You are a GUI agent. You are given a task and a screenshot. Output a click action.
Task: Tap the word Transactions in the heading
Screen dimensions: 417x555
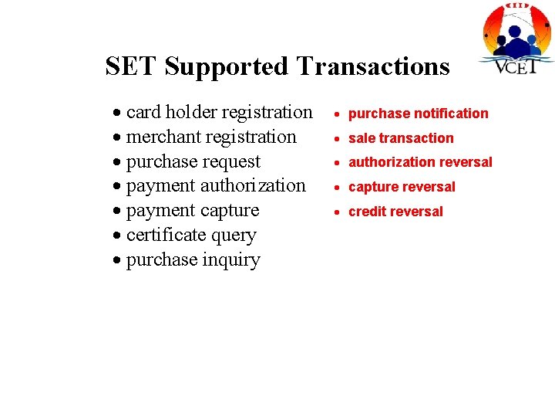pyautogui.click(x=372, y=66)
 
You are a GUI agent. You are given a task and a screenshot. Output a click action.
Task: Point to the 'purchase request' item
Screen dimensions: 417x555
pyautogui.click(x=193, y=162)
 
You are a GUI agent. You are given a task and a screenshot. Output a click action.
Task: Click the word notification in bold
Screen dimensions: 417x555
pyautogui.click(x=450, y=114)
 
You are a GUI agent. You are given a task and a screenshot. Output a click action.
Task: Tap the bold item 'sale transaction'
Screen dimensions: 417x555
pyautogui.click(x=401, y=138)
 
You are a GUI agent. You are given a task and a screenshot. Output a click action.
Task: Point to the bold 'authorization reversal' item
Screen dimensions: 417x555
pyautogui.click(x=420, y=162)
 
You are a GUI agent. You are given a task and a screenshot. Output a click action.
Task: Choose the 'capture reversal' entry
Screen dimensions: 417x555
pyautogui.click(x=402, y=187)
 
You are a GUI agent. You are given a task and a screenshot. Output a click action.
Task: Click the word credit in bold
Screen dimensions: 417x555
pyautogui.click(x=366, y=212)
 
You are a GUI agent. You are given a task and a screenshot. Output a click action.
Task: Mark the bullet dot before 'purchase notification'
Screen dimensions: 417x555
pyautogui.click(x=338, y=114)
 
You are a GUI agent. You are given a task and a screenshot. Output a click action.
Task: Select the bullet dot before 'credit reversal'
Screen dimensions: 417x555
pyautogui.click(x=338, y=212)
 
